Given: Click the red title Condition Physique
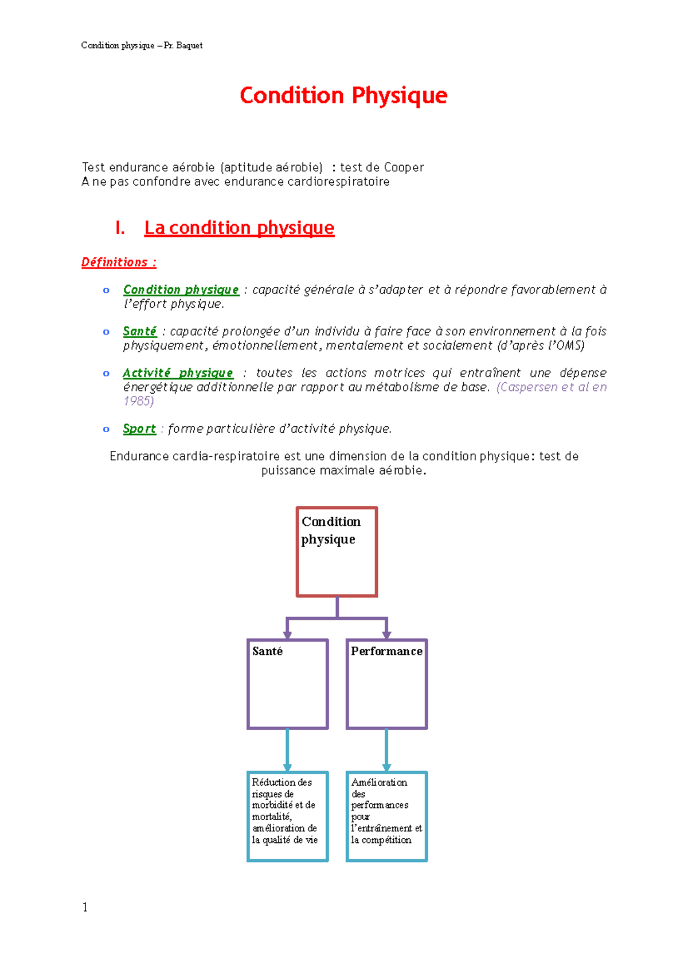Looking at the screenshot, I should click(343, 95).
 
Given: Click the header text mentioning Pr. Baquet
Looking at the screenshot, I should click(142, 45).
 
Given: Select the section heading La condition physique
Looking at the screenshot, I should click(239, 227).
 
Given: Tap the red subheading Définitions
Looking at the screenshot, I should click(119, 262).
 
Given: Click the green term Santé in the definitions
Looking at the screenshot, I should click(139, 331).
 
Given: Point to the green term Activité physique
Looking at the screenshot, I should click(178, 373).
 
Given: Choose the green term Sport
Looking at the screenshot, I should click(139, 429).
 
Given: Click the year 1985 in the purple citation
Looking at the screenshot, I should click(138, 401).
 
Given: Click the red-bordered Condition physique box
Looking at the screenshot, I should click(337, 552).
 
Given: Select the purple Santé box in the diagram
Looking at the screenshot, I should click(287, 684).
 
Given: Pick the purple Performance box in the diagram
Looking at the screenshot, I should click(386, 684).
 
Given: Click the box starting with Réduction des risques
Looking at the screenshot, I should click(287, 816).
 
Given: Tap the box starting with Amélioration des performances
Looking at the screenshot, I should click(386, 816).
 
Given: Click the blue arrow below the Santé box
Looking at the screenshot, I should click(287, 750).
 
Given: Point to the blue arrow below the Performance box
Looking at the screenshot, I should click(386, 750).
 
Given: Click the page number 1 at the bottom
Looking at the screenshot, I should click(85, 907).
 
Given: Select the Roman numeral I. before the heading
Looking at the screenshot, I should click(120, 228).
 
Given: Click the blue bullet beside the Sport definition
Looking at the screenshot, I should click(106, 429).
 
